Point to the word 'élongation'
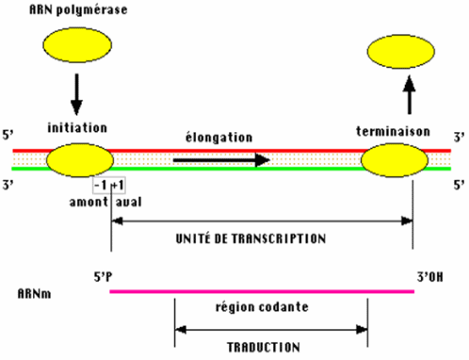[218, 138]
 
